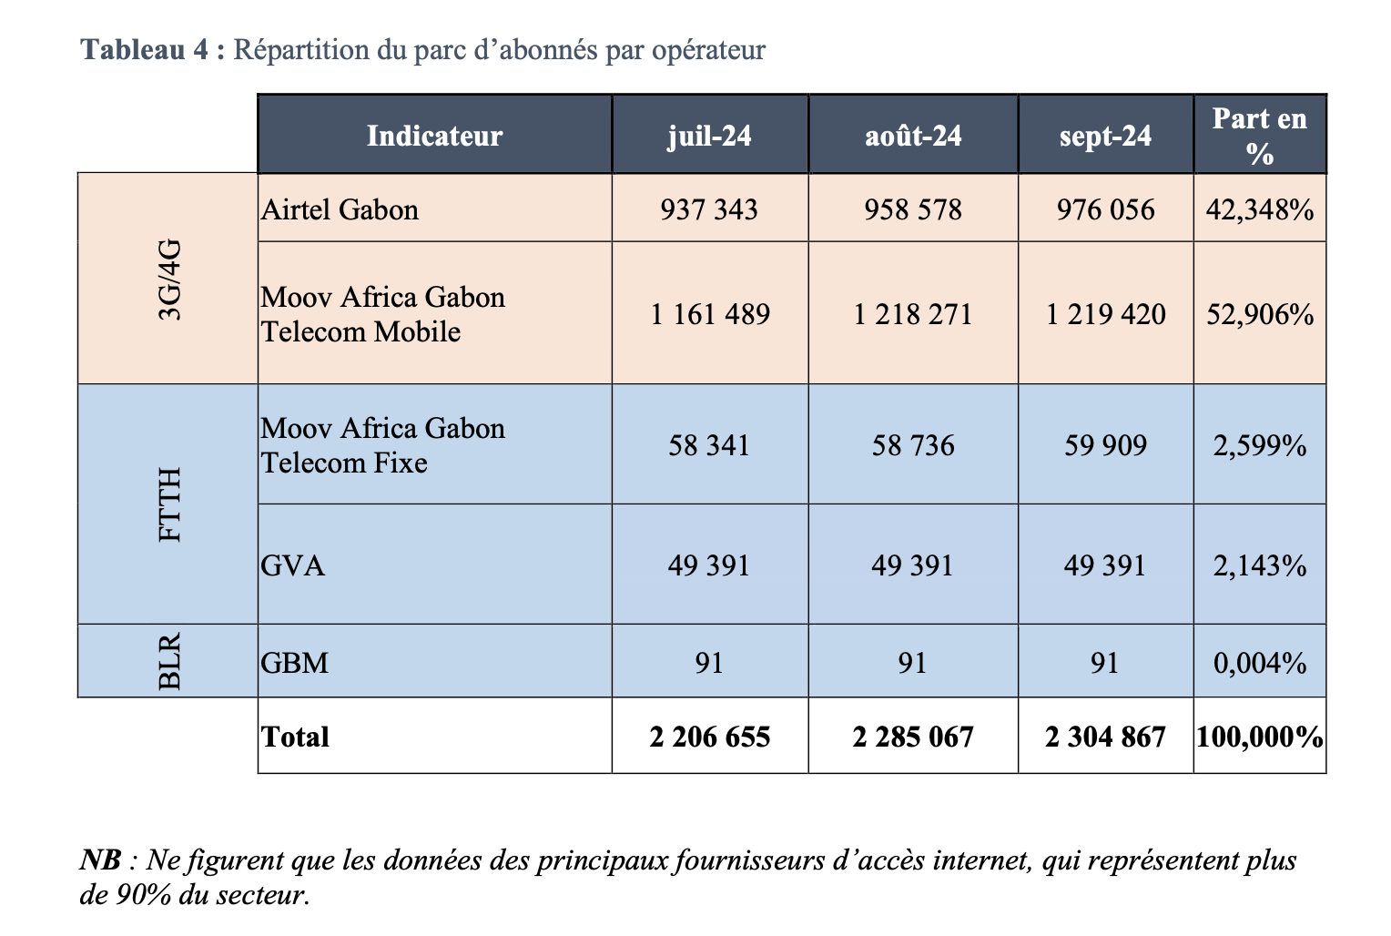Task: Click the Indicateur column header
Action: click(434, 136)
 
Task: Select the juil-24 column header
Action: click(709, 136)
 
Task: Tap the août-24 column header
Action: click(913, 136)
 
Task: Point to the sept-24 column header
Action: click(1105, 136)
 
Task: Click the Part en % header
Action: click(1260, 136)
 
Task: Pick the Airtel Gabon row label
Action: click(340, 210)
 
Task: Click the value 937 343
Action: click(709, 210)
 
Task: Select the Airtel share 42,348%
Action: click(1260, 210)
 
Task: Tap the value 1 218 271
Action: click(913, 315)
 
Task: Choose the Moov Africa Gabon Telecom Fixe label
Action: click(382, 445)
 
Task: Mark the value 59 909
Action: click(1105, 445)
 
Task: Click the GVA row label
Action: click(292, 566)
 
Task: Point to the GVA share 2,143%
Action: click(1260, 566)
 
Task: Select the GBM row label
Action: click(294, 663)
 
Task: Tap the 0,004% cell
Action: click(1260, 663)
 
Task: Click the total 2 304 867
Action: click(1105, 737)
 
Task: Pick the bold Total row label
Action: click(295, 737)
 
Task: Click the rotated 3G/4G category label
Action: click(170, 280)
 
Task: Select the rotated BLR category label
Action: click(170, 662)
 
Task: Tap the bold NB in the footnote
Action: click(100, 860)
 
